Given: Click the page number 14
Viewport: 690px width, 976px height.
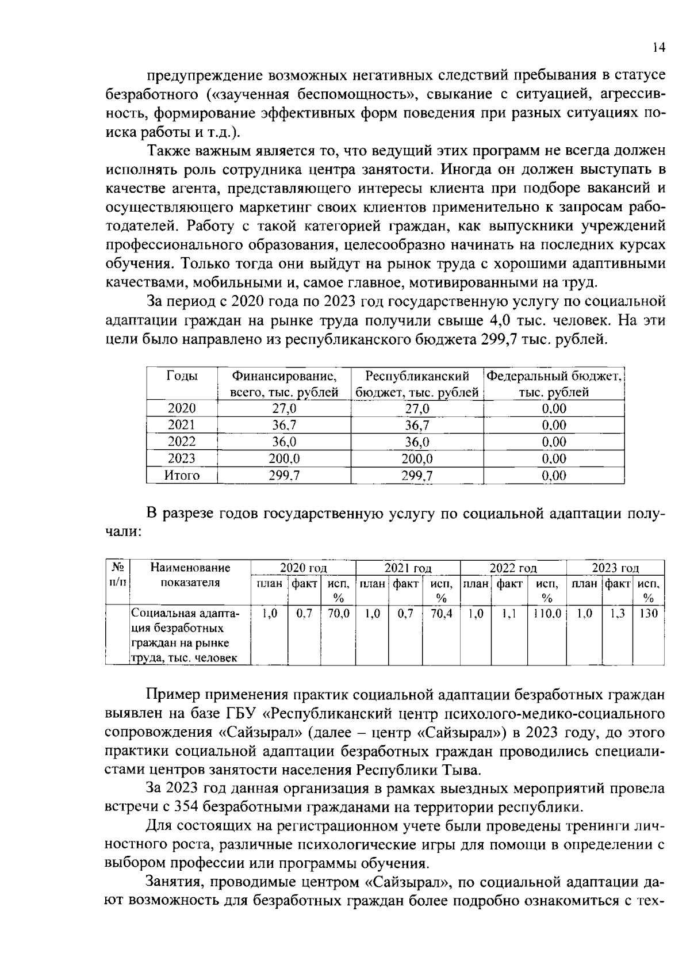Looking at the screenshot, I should pos(659,48).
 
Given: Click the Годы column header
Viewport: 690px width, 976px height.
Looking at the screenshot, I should pos(182,376).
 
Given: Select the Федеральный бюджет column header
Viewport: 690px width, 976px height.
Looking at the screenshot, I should pos(554,384).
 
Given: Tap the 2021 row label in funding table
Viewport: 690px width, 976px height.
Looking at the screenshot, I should pos(182,425).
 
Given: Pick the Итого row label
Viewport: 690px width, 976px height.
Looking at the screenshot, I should pos(182,475).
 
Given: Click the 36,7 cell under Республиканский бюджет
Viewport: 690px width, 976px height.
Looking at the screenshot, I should pos(417,425).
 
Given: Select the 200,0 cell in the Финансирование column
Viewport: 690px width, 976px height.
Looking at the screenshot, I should pos(284,458).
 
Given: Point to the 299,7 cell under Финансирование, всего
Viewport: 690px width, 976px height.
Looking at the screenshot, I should pos(284,475).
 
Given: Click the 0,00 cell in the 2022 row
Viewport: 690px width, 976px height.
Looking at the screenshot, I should pos(554,442).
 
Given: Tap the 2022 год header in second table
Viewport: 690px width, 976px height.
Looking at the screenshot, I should pos(513,568).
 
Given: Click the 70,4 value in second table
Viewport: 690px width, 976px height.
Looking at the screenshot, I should pos(441,614).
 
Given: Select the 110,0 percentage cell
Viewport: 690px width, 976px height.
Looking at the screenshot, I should pos(546,614).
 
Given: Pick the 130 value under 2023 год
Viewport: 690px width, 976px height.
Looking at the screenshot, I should pos(648,614).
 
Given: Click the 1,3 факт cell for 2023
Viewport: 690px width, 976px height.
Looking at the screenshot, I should pos(617,614).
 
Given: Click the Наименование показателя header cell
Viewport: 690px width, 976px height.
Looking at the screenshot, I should pos(190,575).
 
